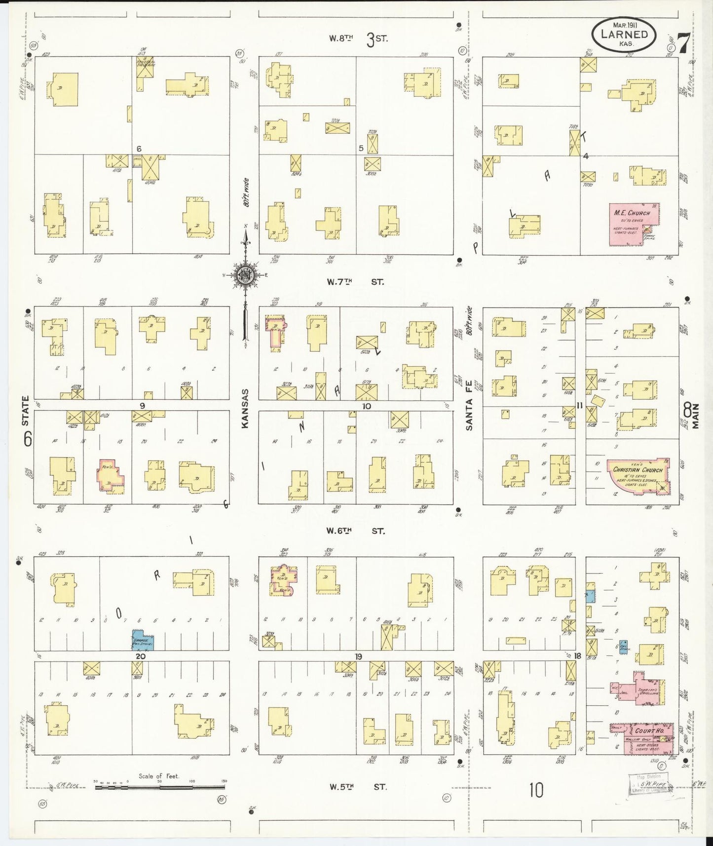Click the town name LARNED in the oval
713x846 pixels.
click(x=624, y=34)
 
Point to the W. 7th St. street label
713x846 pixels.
click(x=355, y=282)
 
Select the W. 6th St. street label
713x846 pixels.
click(x=355, y=531)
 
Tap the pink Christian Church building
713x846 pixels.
click(x=638, y=474)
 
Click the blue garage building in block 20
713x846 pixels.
click(x=143, y=640)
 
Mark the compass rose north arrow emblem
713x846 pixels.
click(x=245, y=275)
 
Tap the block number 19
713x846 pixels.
click(x=358, y=656)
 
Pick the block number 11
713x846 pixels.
click(x=580, y=406)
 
